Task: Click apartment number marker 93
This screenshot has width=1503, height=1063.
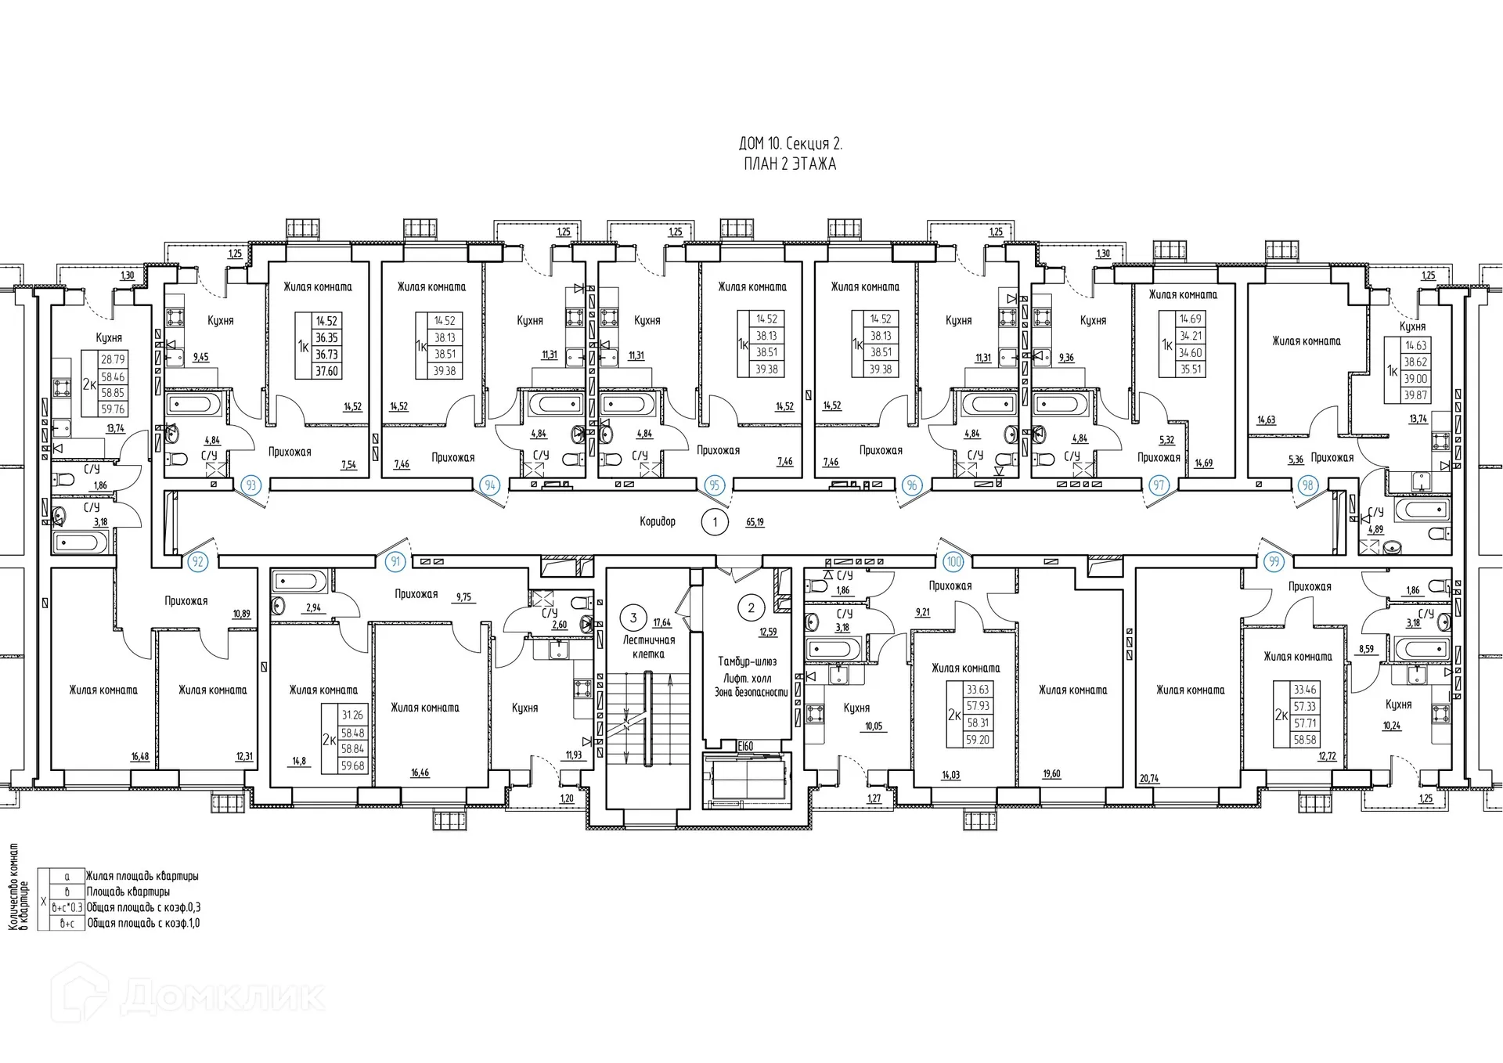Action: point(250,485)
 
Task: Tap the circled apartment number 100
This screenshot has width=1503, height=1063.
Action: point(953,562)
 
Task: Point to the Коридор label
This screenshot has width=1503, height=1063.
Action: point(657,521)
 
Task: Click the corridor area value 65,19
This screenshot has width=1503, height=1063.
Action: point(754,522)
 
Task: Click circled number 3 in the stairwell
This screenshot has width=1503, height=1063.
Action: point(633,618)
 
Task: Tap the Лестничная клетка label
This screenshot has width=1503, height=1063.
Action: point(648,647)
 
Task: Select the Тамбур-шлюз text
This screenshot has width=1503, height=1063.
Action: point(747,661)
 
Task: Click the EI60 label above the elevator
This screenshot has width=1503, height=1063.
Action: point(744,746)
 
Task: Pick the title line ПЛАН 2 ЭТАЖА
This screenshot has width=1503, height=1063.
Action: point(790,164)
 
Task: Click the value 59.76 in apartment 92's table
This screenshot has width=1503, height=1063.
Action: point(113,409)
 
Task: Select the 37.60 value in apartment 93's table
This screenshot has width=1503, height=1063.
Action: point(326,371)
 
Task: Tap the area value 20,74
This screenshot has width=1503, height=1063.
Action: point(1149,779)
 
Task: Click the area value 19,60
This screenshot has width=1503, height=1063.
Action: point(1051,774)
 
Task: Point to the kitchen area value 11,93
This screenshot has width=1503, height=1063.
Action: point(574,755)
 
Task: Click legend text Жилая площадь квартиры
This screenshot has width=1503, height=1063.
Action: point(142,876)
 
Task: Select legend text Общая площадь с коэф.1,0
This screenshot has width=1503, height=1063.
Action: point(142,923)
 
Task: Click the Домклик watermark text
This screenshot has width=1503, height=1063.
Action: point(223,996)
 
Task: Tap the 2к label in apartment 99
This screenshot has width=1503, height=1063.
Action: point(1281,715)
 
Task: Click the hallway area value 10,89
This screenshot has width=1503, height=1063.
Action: point(241,614)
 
